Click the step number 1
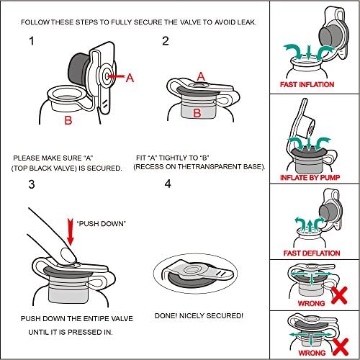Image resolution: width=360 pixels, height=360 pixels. pos(32,41)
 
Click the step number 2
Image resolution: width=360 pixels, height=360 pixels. pos(166,41)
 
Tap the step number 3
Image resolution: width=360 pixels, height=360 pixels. pos(32,184)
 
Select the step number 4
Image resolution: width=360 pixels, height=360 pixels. pos(168,184)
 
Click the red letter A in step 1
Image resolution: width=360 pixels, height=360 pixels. pos(130,78)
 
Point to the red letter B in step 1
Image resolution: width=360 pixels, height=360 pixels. pos(68,120)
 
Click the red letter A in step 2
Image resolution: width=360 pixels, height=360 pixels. pos(201,77)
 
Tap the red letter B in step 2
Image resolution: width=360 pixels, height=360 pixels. pos(197,113)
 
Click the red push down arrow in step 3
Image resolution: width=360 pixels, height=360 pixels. pos(71,232)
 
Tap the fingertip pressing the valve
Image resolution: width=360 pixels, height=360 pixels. pos(68,255)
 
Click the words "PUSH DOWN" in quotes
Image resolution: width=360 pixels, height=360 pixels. pos(102,224)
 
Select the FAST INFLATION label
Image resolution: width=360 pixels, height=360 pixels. pos(307,84)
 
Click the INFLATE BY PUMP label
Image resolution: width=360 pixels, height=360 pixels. pos(310,178)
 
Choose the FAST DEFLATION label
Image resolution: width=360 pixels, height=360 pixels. pos(312,253)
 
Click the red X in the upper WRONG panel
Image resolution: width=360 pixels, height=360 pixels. pos(339,295)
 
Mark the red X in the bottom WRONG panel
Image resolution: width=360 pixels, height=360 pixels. pos(341,347)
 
